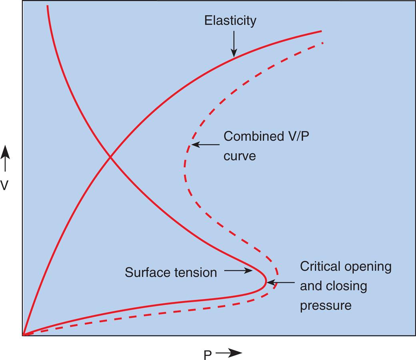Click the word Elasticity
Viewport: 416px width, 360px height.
[230, 21]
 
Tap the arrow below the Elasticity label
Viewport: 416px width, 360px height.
[234, 44]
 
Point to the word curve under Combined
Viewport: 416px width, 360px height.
[239, 155]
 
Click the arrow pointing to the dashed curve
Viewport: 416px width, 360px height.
[205, 145]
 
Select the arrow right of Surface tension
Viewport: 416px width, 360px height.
[238, 271]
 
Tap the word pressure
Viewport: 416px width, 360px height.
[326, 306]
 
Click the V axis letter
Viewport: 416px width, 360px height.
[4, 185]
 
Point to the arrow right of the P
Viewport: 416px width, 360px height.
[229, 353]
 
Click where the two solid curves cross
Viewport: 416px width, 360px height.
[110, 157]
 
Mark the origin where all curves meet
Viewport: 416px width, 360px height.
[24, 334]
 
